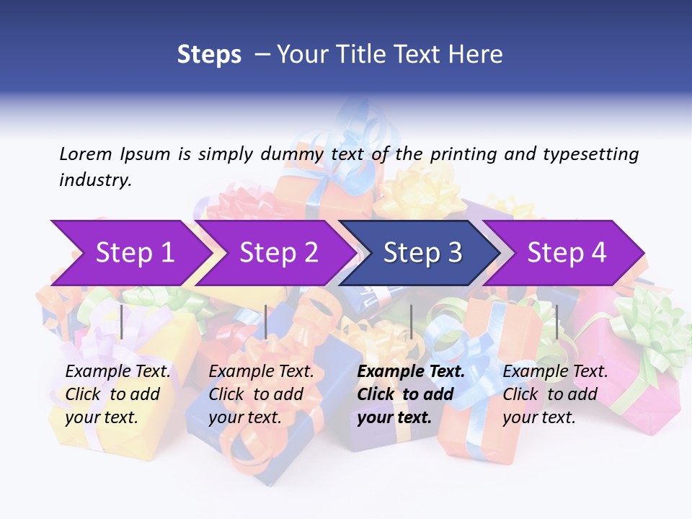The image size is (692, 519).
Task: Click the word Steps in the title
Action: (x=209, y=55)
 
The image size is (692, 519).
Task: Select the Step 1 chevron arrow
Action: (x=130, y=253)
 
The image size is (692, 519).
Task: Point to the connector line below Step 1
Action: (x=122, y=321)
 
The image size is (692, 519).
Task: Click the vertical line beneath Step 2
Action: (x=266, y=321)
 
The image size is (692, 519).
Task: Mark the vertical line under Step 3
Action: (x=411, y=321)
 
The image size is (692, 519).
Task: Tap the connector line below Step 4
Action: (x=556, y=321)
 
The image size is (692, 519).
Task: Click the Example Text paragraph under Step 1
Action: (x=118, y=394)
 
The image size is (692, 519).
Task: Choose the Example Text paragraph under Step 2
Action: (x=262, y=394)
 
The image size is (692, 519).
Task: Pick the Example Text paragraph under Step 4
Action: (x=555, y=394)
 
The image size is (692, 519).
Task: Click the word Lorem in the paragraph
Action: (x=85, y=154)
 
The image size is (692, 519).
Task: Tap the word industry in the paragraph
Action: (x=94, y=180)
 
